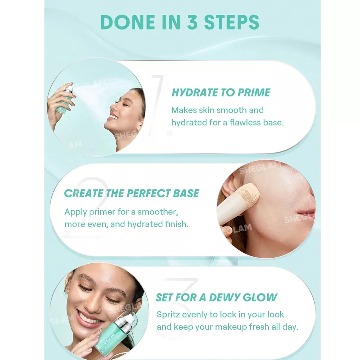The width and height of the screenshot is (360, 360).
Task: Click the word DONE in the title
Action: click(128, 22)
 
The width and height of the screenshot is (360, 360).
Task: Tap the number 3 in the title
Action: click(192, 22)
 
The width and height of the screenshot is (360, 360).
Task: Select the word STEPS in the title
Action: click(231, 22)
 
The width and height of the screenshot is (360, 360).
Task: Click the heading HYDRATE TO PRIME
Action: click(221, 92)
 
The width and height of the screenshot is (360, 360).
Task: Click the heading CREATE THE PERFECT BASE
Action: click(131, 193)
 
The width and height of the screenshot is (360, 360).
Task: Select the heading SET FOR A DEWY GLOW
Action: click(217, 297)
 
